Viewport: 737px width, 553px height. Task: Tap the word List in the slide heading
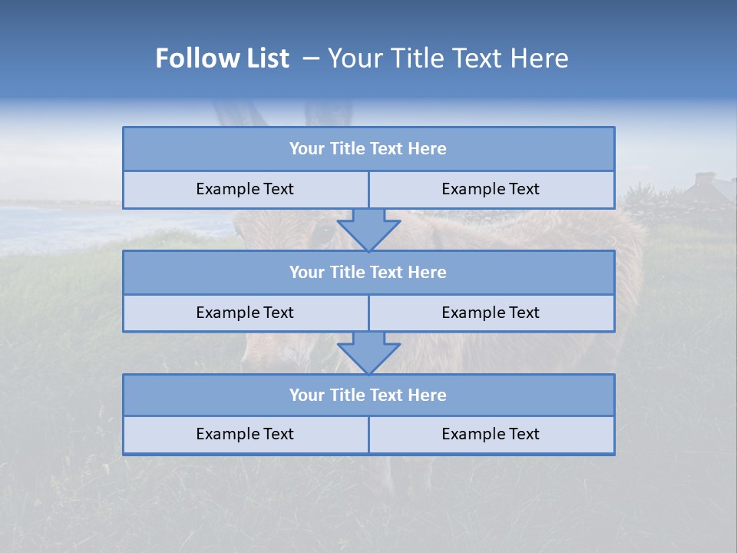pyautogui.click(x=263, y=58)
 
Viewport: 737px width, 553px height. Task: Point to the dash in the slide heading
pyautogui.click(x=312, y=58)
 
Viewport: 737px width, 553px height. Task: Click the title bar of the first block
pyautogui.click(x=368, y=149)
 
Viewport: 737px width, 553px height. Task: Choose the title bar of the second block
pyautogui.click(x=368, y=273)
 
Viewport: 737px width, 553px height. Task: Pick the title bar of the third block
pyautogui.click(x=368, y=396)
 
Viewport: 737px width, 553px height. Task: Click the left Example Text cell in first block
pyautogui.click(x=245, y=190)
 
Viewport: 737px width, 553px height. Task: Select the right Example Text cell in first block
pyautogui.click(x=491, y=190)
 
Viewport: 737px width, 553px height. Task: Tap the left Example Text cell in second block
pyautogui.click(x=245, y=313)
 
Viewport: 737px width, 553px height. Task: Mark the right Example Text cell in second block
pyautogui.click(x=491, y=313)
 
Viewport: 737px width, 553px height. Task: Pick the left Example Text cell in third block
pyautogui.click(x=245, y=435)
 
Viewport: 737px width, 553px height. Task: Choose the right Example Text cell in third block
pyautogui.click(x=491, y=435)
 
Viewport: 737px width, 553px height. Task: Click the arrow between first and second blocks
pyautogui.click(x=368, y=229)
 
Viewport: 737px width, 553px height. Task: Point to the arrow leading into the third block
pyautogui.click(x=368, y=353)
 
